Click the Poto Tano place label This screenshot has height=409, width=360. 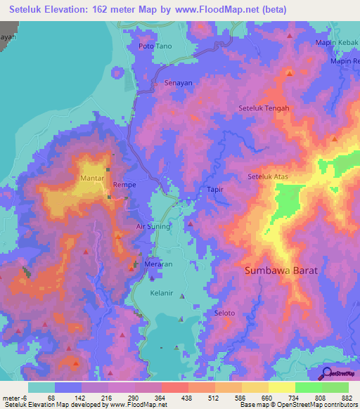click(x=155, y=46)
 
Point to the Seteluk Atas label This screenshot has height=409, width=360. click(x=269, y=176)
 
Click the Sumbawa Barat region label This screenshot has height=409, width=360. click(x=281, y=270)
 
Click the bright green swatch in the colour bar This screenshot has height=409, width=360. click(x=308, y=387)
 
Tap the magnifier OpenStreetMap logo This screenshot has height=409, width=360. click(x=325, y=373)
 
